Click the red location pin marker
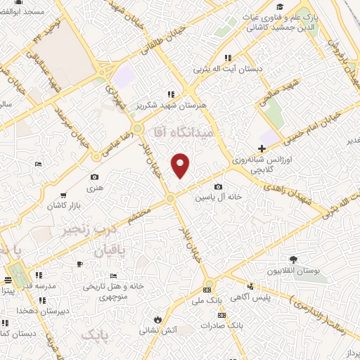click(181, 165)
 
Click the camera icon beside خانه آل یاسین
click(219, 187)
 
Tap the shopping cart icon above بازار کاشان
click(64, 195)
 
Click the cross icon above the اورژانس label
click(262, 148)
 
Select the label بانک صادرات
click(222, 326)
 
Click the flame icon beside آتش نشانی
click(167, 317)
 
